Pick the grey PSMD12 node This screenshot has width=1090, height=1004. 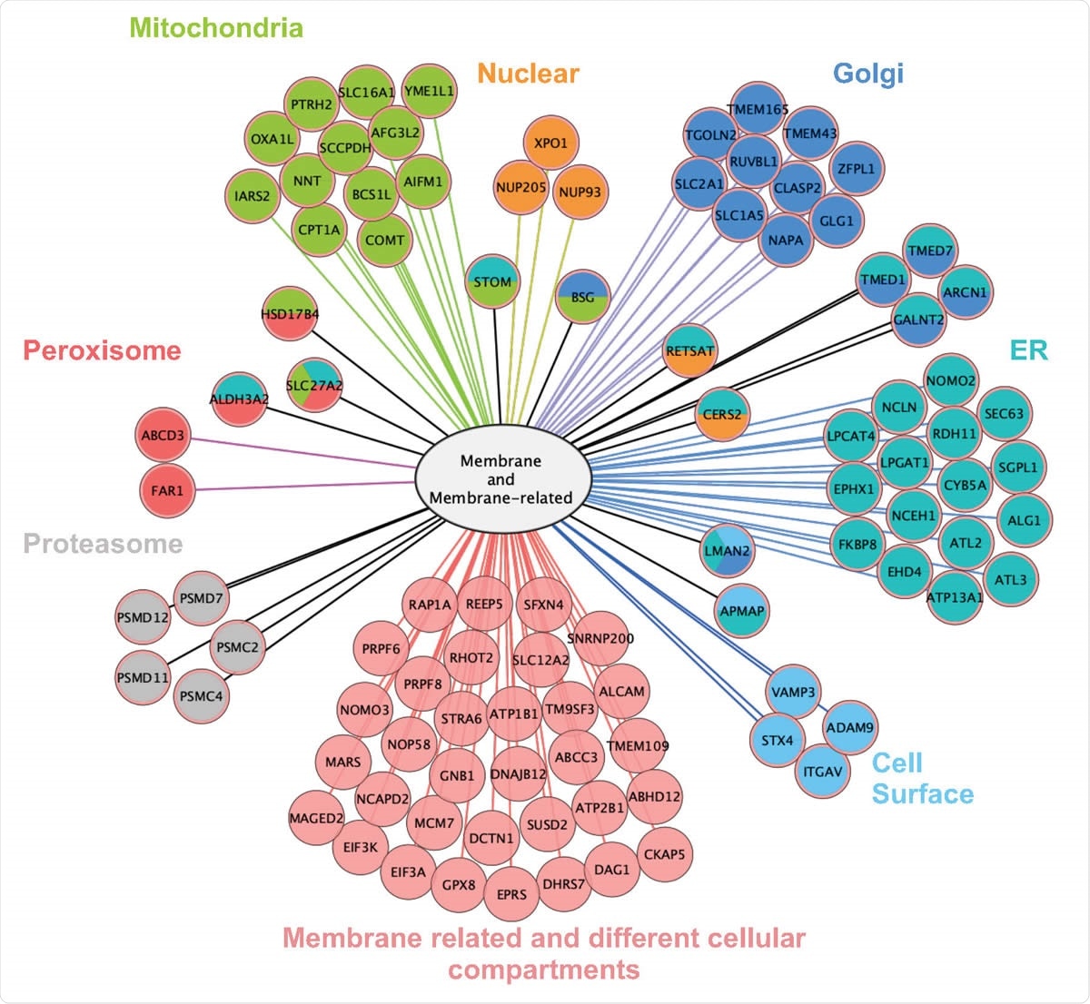(x=144, y=617)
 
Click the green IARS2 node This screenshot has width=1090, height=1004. (x=252, y=195)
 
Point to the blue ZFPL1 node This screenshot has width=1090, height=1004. (x=856, y=169)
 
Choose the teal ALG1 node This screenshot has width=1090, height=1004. (x=1024, y=520)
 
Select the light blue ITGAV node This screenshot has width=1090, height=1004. (x=823, y=772)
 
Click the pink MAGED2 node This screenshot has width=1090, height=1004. (x=316, y=818)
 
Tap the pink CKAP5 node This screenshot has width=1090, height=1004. (x=664, y=854)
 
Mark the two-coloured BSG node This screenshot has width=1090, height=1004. (x=582, y=297)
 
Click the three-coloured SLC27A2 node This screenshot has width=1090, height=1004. (x=314, y=385)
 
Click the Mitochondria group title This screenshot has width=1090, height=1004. (x=216, y=27)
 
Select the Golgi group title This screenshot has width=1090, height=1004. (x=868, y=73)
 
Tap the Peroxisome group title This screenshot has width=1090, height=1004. (x=102, y=350)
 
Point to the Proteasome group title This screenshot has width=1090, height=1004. (x=103, y=544)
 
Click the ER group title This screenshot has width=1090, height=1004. (x=1028, y=350)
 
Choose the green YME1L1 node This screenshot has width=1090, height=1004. (x=429, y=92)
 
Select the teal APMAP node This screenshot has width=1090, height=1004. (x=741, y=611)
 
